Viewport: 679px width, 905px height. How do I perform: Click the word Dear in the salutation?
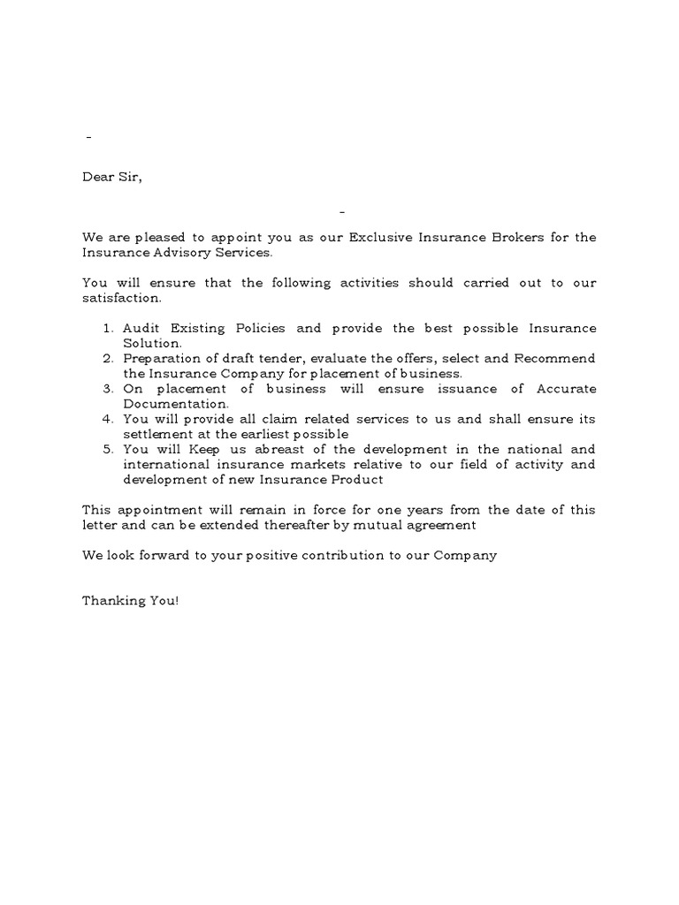[x=98, y=177]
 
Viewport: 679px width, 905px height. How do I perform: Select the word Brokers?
[x=508, y=238]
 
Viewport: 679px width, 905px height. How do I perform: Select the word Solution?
[x=152, y=343]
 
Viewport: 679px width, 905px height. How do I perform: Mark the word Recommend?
[x=554, y=358]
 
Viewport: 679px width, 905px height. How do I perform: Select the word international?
[x=163, y=464]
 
